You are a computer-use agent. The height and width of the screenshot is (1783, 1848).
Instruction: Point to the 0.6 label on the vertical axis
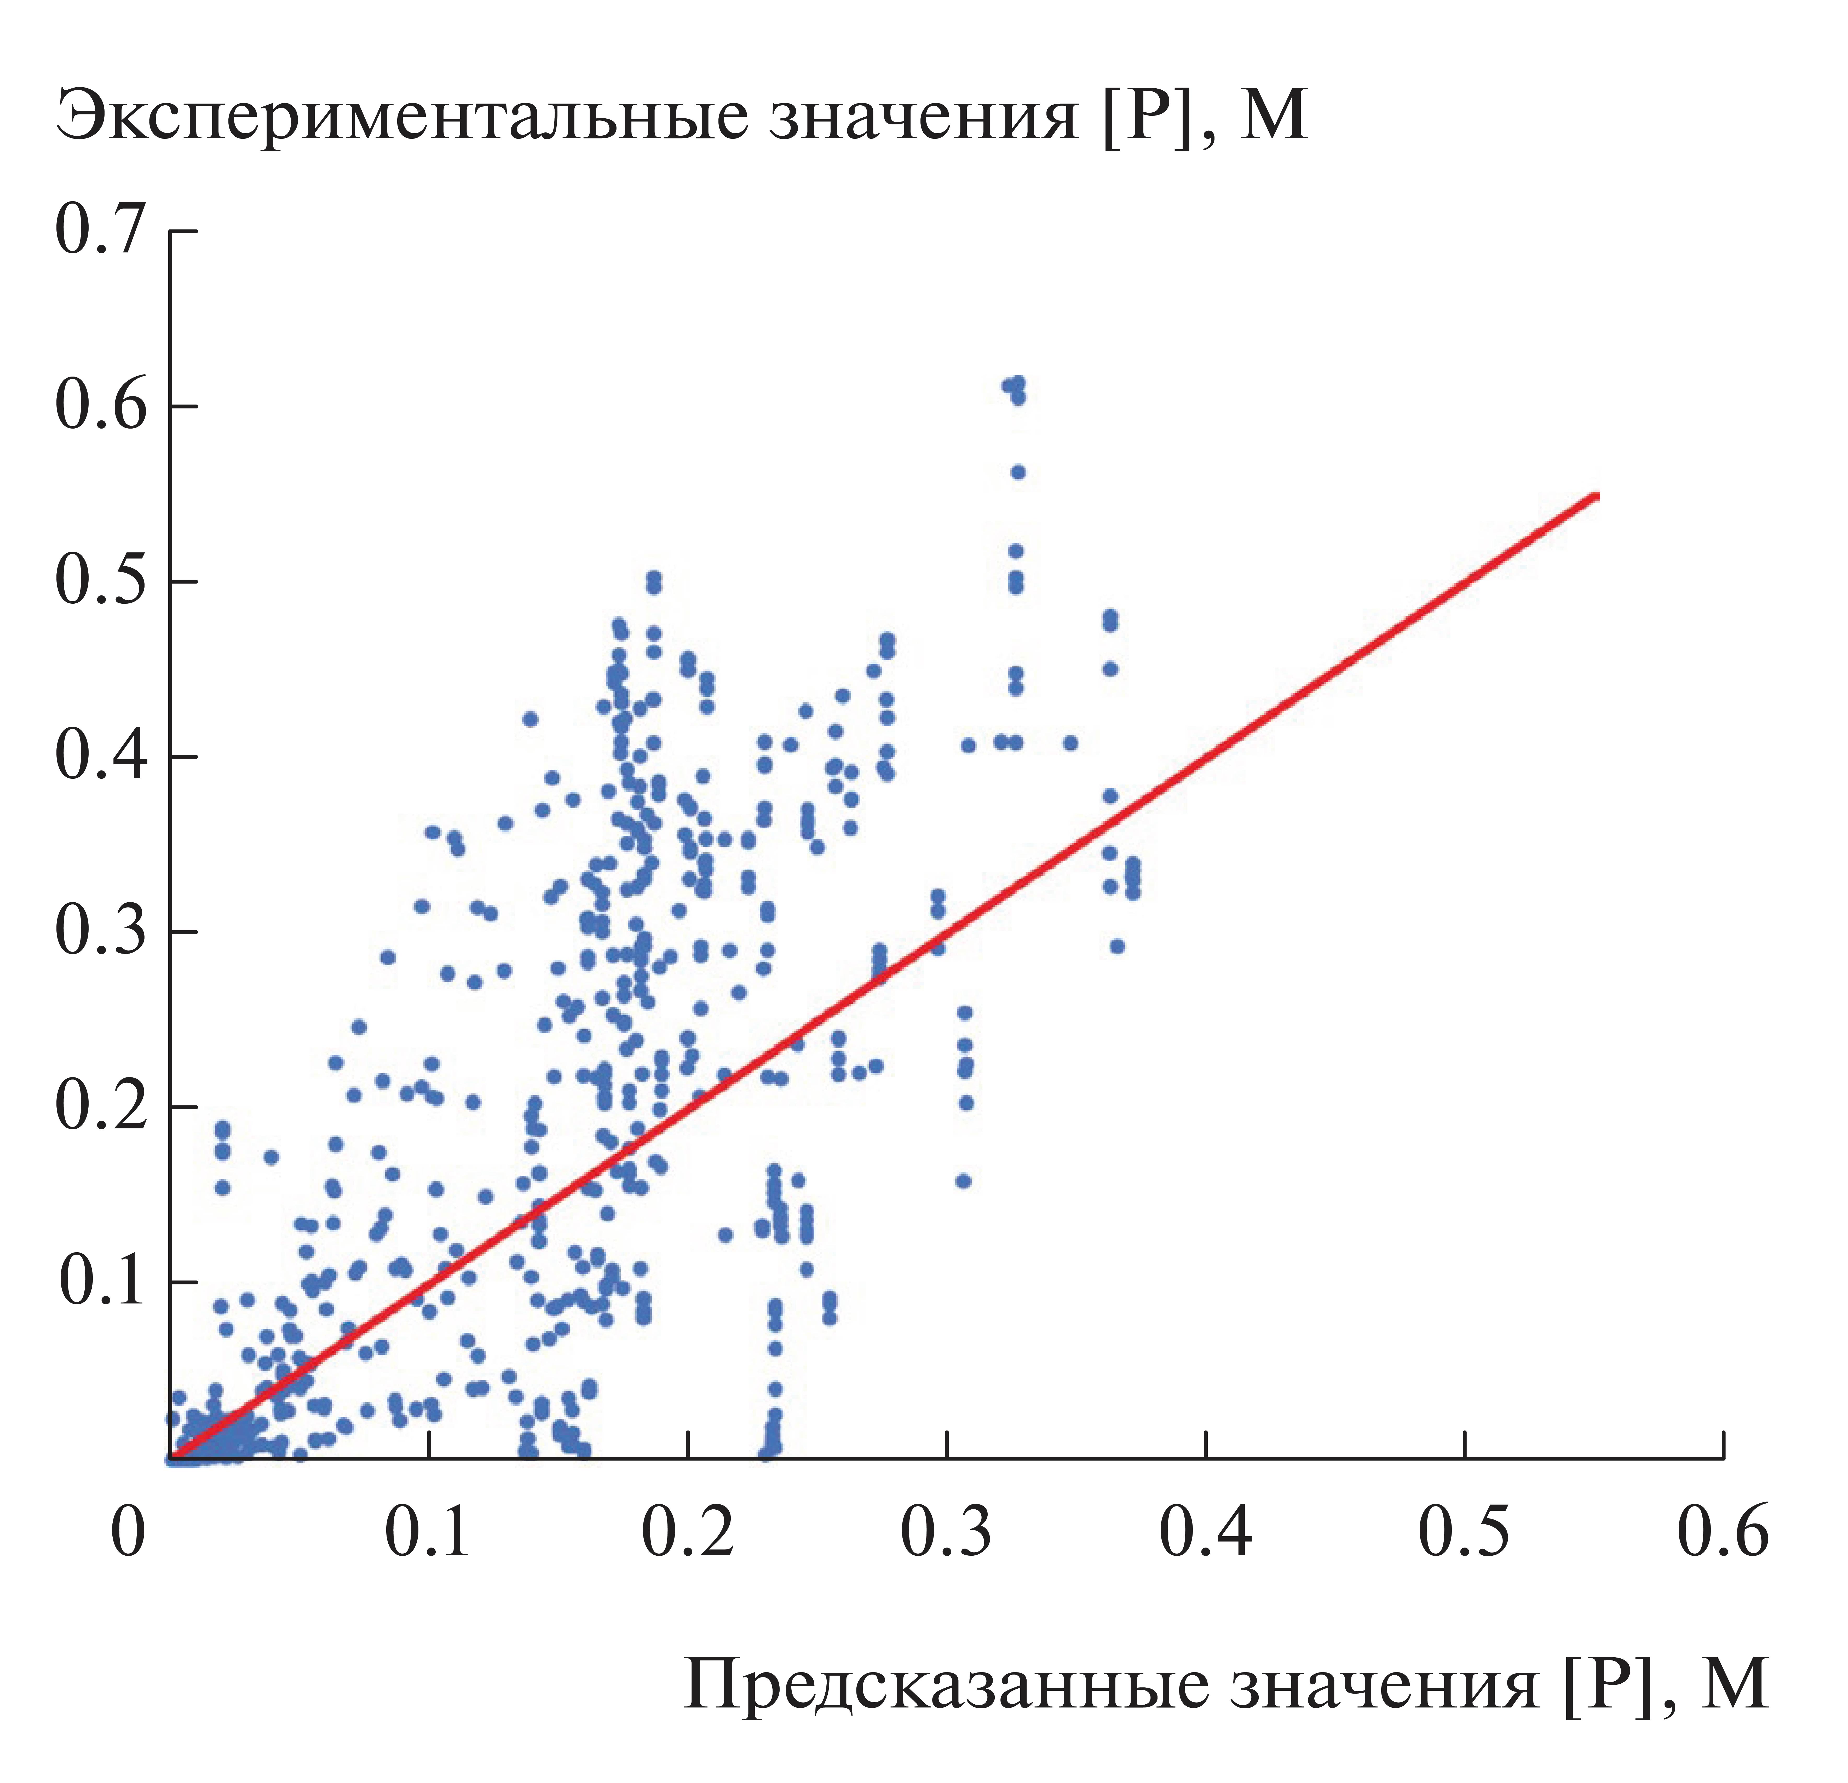coord(102,406)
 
